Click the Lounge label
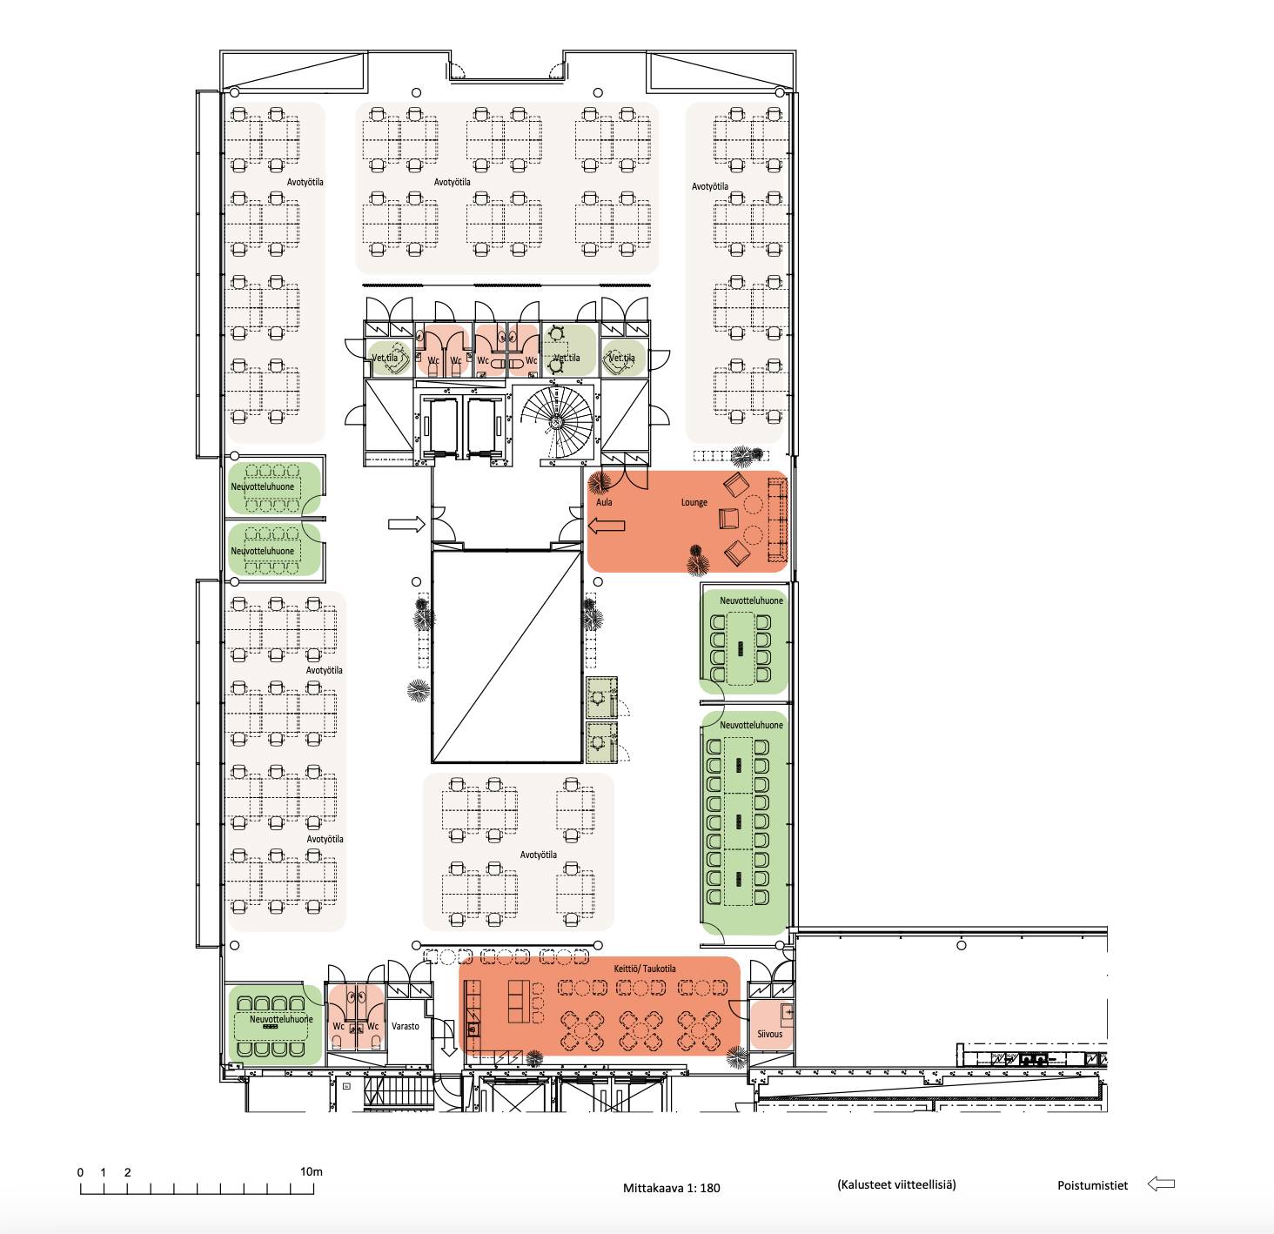point(694,502)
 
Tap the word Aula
point(604,502)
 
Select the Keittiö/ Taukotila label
point(644,969)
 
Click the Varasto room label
point(406,1026)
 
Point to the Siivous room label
point(769,1035)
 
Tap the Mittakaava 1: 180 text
point(671,1188)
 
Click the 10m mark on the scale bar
point(312,1172)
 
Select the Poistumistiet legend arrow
point(1162,1184)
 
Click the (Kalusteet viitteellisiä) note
point(896,1185)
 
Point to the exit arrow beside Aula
point(607,526)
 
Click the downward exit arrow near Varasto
point(448,1037)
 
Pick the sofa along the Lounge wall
point(776,520)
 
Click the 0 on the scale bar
point(81,1172)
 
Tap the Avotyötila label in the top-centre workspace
point(452,182)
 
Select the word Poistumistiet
point(1093,1185)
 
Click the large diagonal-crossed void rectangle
point(506,657)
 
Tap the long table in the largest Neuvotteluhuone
point(739,822)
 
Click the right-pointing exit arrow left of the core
point(406,525)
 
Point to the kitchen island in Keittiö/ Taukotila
point(519,1002)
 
